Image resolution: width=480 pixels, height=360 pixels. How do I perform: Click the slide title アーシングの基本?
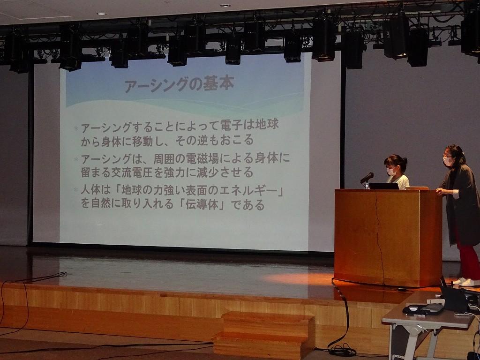tap(180, 84)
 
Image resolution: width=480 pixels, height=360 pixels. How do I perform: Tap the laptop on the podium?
tap(383, 186)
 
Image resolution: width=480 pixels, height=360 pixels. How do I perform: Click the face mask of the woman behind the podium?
tap(391, 172)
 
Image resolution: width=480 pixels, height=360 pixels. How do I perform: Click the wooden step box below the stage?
tap(263, 335)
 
